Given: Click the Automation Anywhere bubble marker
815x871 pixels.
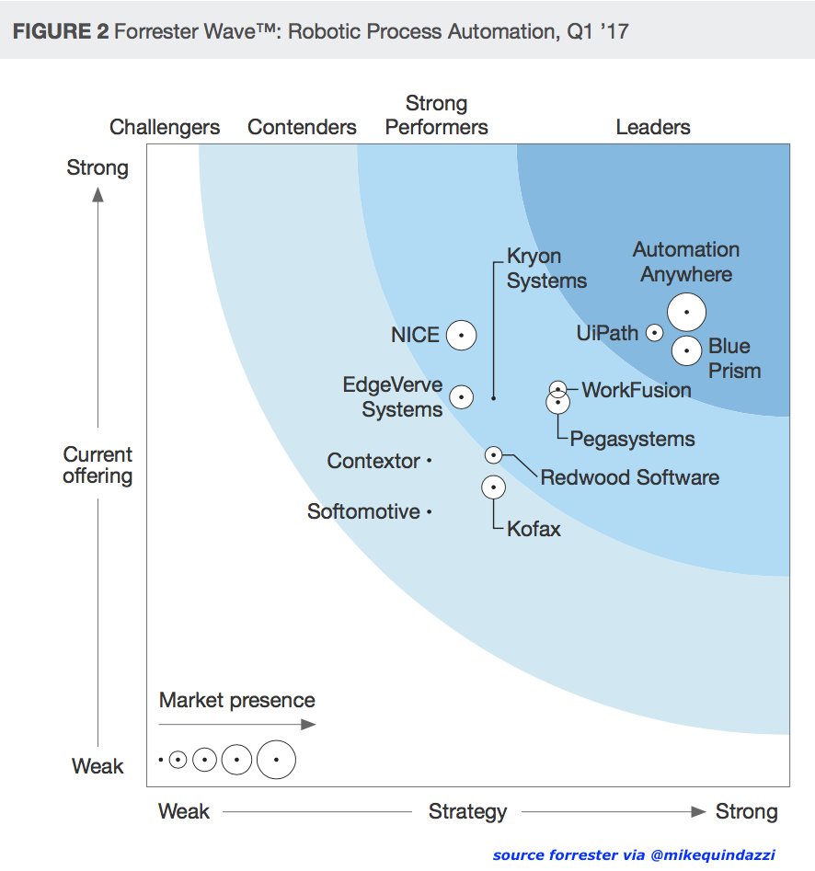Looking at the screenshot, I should [686, 312].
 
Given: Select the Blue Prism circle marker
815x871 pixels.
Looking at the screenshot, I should [685, 350].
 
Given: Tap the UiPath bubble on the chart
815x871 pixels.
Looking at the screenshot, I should [654, 333].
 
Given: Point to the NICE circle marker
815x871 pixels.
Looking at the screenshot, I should [461, 336].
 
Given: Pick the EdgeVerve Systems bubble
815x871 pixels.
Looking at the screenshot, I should [461, 396].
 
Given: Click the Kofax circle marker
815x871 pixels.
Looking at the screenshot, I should [493, 487].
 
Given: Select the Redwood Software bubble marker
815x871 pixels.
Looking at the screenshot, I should [493, 454].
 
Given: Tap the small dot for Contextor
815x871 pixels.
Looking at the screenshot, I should [429, 461].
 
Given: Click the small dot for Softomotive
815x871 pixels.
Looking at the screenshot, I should [429, 511].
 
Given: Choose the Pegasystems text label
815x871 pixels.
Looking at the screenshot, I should [632, 439].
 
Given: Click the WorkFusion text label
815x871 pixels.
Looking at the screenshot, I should [636, 390].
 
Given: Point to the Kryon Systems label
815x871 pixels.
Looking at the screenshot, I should [546, 269].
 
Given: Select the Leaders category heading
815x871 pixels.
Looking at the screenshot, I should [653, 127].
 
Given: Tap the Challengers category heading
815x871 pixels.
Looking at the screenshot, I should [165, 127].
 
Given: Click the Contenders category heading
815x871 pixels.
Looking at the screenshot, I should [302, 127].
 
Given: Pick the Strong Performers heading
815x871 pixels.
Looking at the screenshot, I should [436, 115].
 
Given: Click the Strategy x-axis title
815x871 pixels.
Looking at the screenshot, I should [467, 811].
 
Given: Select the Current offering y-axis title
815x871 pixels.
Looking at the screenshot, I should [98, 465].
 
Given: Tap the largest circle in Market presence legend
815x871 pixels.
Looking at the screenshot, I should [276, 760].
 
